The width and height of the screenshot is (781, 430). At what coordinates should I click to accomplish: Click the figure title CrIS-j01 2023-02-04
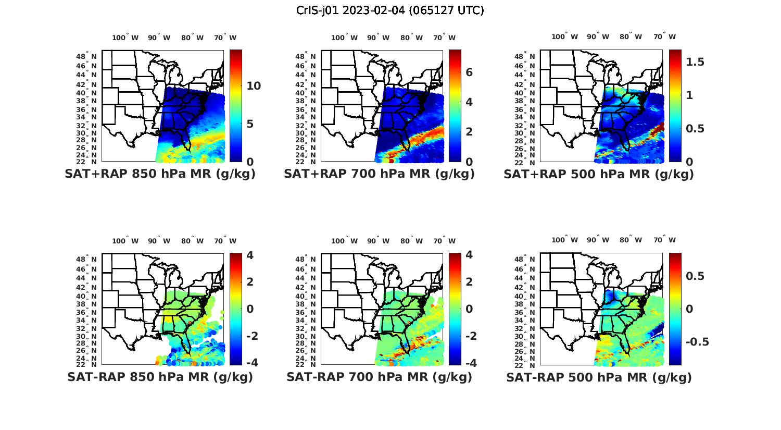390,10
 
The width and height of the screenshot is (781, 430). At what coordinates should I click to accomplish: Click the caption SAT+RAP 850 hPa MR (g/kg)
160,174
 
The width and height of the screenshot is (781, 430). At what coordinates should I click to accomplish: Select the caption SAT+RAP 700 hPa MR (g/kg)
379,174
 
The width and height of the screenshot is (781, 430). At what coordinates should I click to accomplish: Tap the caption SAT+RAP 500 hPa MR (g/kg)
599,174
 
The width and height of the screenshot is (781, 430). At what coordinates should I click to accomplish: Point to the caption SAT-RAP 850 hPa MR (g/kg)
160,377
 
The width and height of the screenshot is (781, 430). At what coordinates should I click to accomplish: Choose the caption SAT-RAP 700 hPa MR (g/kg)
379,377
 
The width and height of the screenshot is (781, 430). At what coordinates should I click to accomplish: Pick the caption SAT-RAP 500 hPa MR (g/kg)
599,377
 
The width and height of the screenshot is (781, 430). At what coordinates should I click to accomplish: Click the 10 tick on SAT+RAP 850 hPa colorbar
254,86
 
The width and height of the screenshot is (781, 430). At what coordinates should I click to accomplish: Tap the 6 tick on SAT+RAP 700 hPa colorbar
469,72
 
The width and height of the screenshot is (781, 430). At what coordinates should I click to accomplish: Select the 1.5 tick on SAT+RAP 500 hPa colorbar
696,62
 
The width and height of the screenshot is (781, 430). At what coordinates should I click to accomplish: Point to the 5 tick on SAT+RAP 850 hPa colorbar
250,124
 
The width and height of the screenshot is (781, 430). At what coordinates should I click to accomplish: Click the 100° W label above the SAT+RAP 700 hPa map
344,38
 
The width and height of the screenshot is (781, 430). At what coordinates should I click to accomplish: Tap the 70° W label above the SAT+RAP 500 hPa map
664,36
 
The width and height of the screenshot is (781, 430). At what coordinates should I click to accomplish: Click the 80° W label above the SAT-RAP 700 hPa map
412,241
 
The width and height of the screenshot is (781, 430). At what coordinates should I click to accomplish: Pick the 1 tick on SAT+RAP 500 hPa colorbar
690,95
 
